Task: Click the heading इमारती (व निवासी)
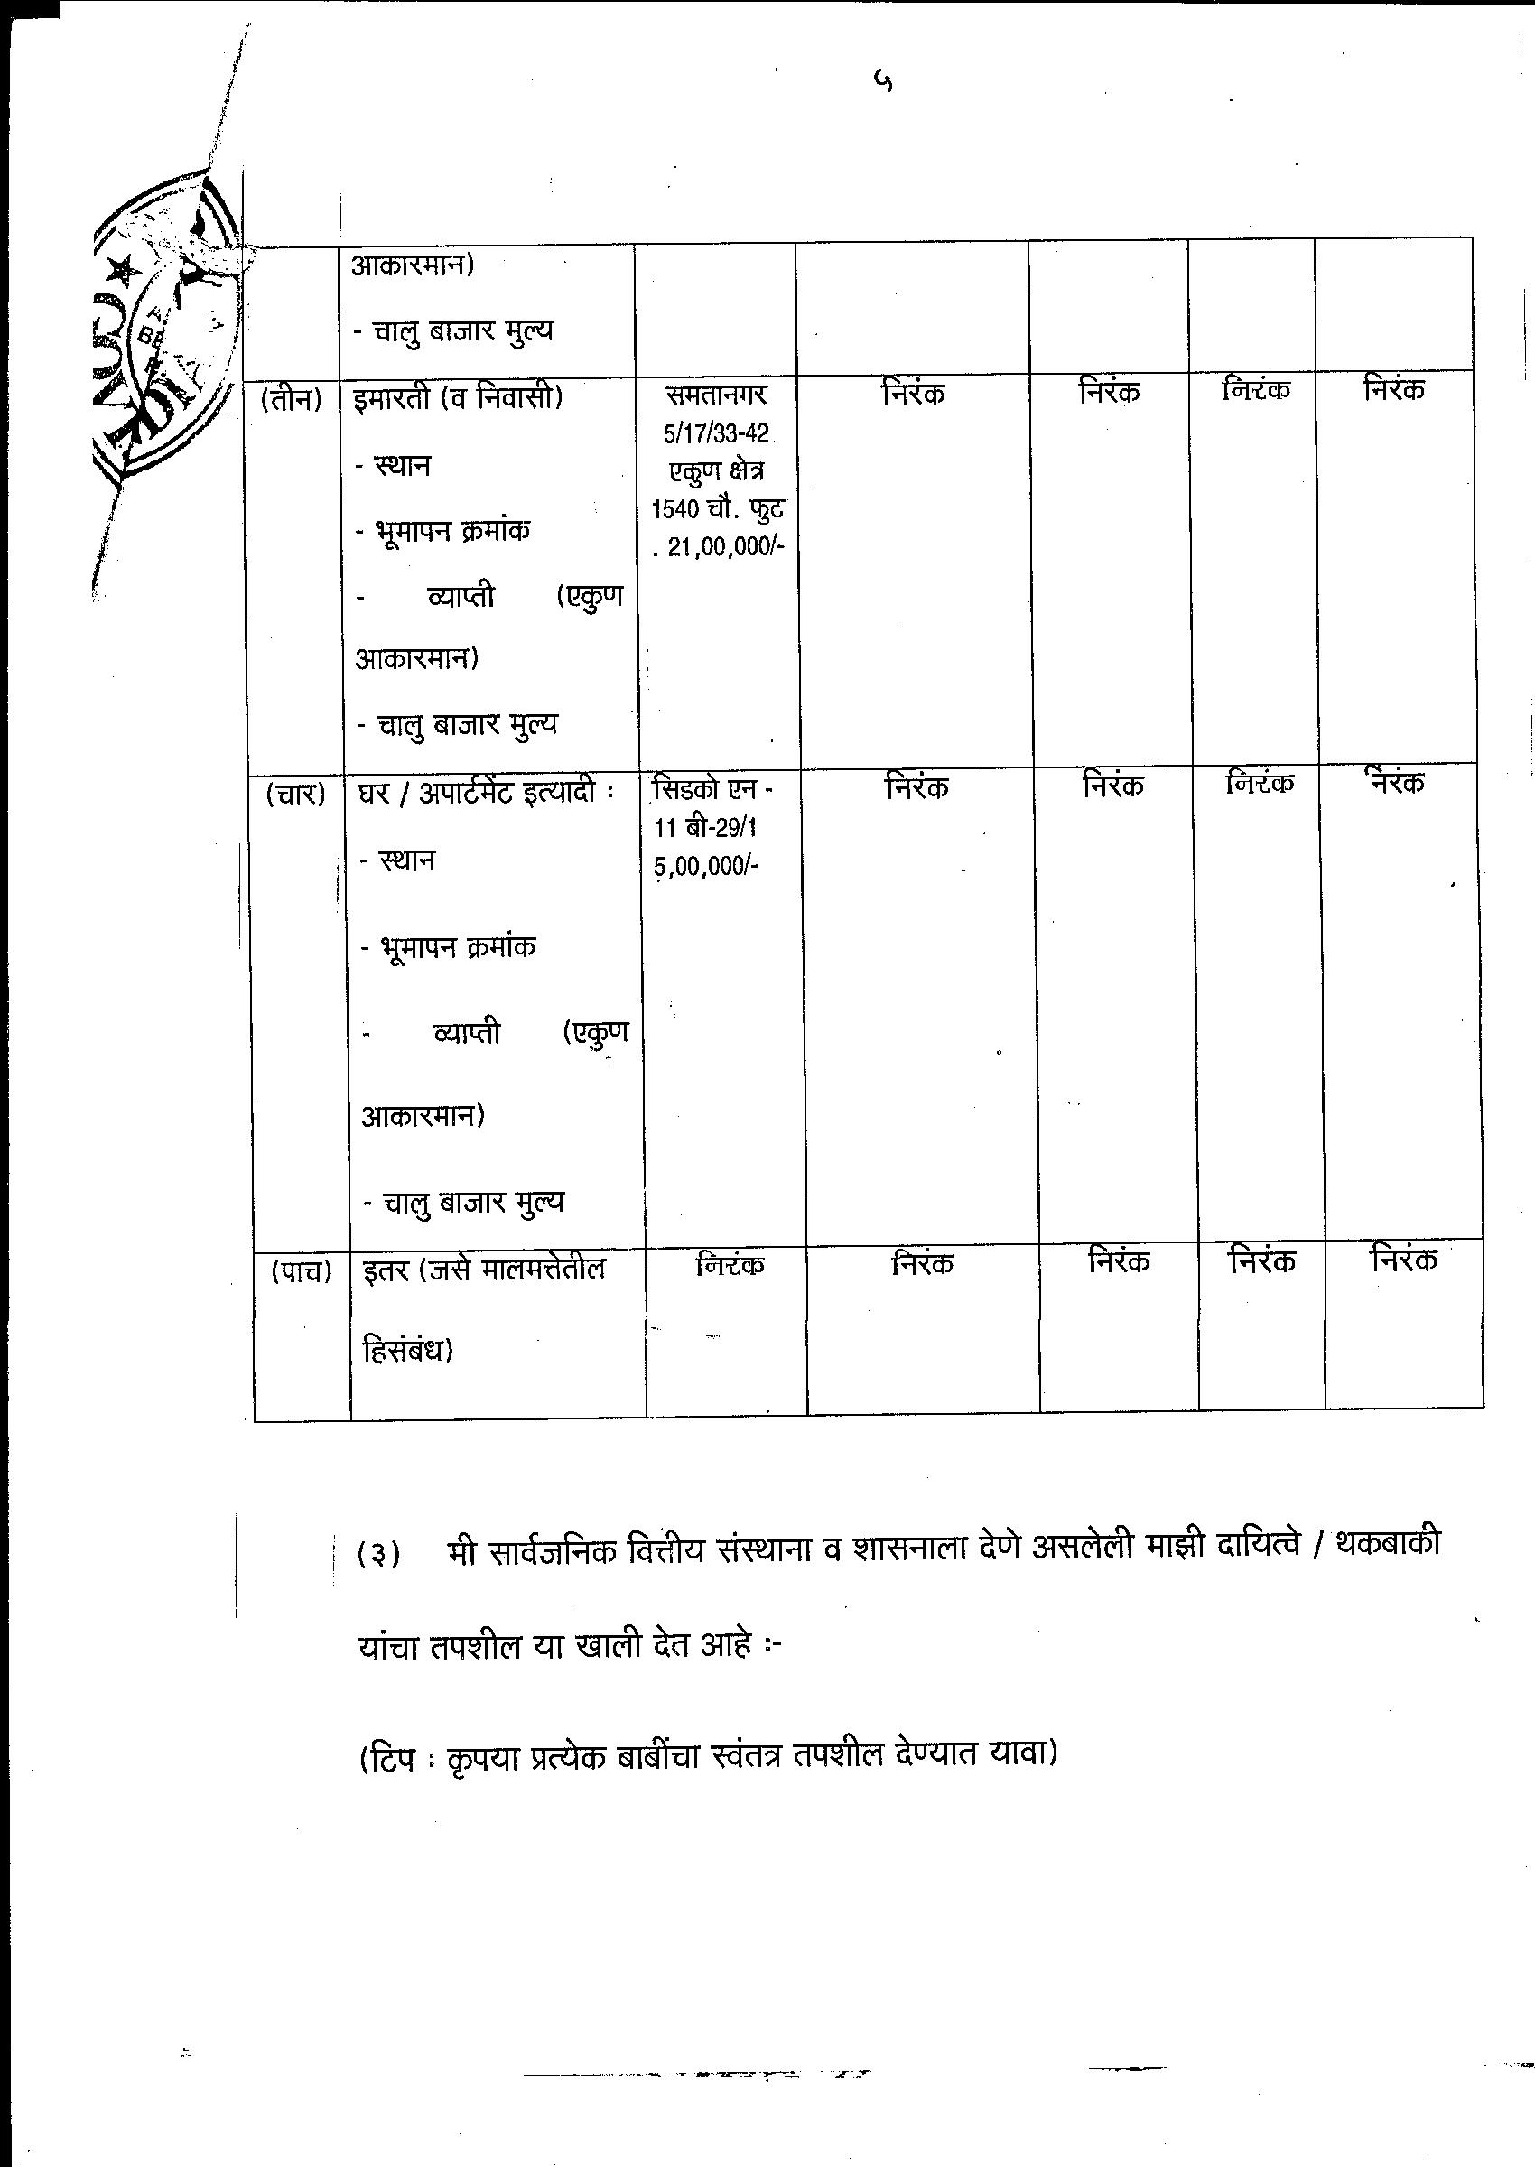(x=459, y=399)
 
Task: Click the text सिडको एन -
(x=712, y=788)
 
